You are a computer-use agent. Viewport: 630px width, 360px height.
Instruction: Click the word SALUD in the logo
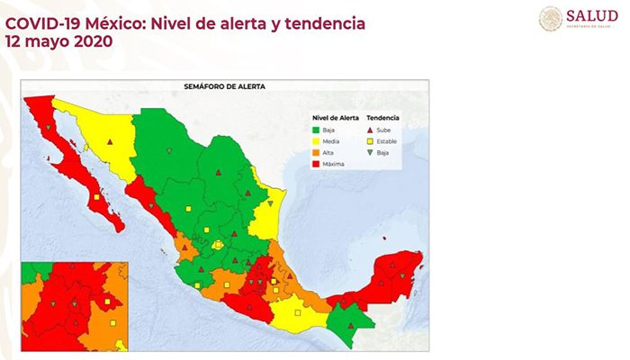point(591,15)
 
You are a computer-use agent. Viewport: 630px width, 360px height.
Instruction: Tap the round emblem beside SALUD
point(551,18)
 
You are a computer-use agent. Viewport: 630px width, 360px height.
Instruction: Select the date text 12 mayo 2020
point(58,41)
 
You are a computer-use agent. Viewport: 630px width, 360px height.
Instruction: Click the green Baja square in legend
point(316,130)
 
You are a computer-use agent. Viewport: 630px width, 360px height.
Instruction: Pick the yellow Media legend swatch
point(316,141)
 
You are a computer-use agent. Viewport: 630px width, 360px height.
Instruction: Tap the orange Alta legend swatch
point(316,152)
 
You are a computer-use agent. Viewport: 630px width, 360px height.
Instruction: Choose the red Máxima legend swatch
point(316,163)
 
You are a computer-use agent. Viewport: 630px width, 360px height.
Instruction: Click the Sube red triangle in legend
point(371,130)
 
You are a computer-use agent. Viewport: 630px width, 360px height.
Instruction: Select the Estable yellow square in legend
point(371,141)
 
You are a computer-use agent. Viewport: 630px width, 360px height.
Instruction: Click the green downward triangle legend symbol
point(371,152)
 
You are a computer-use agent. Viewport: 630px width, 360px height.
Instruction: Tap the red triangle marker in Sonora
point(109,141)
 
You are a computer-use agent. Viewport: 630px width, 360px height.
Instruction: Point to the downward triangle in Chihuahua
point(166,150)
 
